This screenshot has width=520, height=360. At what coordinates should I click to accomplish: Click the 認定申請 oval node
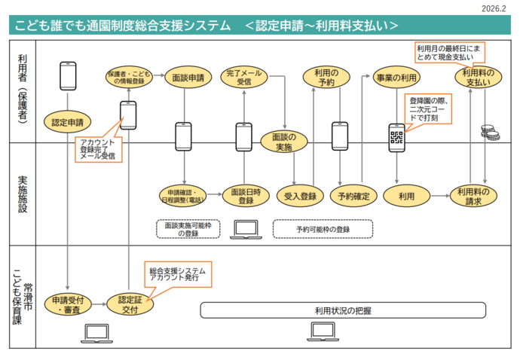(68, 121)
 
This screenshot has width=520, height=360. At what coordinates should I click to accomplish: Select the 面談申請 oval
(185, 77)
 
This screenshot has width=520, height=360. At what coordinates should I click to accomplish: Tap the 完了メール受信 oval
(243, 77)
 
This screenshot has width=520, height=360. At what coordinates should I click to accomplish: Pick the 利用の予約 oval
(326, 77)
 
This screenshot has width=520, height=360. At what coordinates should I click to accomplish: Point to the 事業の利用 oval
(397, 77)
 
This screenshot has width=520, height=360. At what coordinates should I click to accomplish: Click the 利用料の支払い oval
(476, 77)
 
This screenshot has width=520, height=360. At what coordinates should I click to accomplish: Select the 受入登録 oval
(299, 196)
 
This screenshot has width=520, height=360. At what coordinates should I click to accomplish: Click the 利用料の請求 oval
(476, 196)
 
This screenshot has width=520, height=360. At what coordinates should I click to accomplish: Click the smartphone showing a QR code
(397, 137)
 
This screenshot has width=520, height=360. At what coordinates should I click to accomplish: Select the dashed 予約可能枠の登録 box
(323, 227)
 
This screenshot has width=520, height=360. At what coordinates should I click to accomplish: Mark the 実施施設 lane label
(23, 194)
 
